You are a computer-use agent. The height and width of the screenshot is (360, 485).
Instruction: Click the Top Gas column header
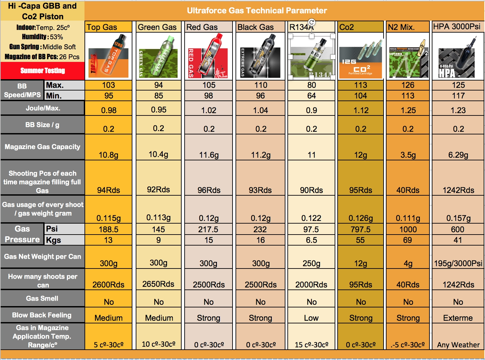pos(102,27)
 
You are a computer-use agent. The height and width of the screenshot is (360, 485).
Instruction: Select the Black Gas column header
pos(255,27)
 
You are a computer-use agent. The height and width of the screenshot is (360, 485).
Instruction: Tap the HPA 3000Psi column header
pos(457,27)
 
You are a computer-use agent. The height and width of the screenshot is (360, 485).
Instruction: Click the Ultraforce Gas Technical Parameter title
pos(257,11)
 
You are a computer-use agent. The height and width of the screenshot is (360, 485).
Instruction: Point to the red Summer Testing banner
pos(43,71)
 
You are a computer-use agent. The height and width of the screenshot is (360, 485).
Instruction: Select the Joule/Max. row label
pos(43,108)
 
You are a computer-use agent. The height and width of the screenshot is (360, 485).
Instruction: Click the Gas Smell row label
pos(42,298)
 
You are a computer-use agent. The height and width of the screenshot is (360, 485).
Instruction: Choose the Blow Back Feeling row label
pos(42,315)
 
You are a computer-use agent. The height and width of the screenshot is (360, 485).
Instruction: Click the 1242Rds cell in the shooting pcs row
pos(458,190)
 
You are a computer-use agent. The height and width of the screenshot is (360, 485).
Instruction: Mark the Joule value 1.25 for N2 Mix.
pos(408,110)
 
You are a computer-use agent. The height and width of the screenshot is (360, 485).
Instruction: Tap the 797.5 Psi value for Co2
pos(361,229)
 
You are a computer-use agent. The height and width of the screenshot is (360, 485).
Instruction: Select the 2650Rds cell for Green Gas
pos(158,284)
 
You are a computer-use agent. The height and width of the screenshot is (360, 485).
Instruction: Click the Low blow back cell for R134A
pos(311,318)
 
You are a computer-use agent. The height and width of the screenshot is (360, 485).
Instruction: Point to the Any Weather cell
pos(458,345)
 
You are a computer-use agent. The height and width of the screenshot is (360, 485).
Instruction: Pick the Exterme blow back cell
pos(458,318)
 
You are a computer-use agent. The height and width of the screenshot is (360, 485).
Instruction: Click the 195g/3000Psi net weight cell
pos(458,264)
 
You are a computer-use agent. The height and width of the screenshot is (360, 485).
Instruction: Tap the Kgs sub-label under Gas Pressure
pos(54,240)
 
